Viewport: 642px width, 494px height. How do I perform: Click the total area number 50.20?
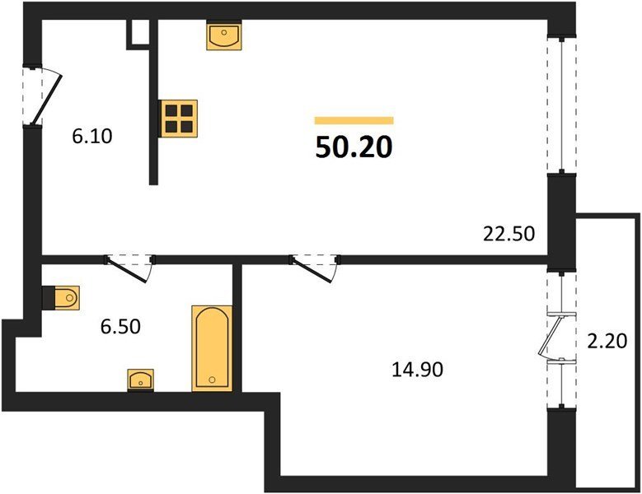(354, 147)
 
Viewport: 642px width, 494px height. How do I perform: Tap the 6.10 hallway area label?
(92, 137)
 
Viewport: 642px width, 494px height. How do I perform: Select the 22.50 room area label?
(509, 235)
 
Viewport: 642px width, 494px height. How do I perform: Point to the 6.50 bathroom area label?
(121, 327)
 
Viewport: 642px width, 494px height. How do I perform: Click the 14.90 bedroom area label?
(417, 370)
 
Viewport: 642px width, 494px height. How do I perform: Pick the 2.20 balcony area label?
(607, 341)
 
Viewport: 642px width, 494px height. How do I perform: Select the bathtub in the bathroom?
(212, 348)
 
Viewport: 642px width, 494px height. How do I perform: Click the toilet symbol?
(65, 297)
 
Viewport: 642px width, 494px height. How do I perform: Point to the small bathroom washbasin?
(140, 380)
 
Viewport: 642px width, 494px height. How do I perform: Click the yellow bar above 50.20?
(354, 120)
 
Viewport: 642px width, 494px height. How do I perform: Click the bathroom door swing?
(127, 270)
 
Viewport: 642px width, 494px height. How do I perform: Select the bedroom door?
(312, 270)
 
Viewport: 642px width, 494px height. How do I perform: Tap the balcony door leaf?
(547, 336)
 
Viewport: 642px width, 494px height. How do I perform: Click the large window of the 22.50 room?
(562, 105)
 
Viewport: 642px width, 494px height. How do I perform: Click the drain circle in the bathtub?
(212, 380)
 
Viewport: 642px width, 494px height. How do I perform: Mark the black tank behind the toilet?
(48, 297)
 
